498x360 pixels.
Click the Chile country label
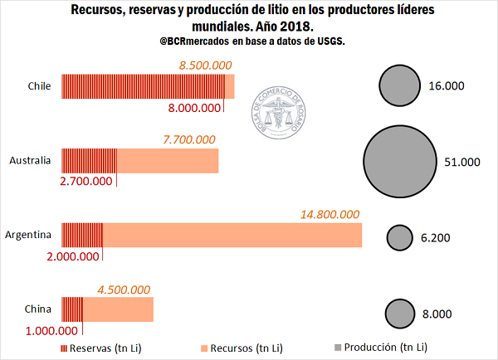40,86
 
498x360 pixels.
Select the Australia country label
31,160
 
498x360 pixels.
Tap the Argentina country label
29,235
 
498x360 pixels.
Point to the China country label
38,310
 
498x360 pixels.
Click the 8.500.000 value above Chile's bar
206,65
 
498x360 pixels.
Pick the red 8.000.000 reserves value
195,108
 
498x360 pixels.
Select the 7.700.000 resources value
189,139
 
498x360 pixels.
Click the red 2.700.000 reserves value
86,182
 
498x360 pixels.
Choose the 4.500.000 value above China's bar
124,289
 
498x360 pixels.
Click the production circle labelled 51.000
401,161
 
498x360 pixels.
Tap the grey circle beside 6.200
401,238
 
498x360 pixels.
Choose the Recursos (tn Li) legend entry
241,347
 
